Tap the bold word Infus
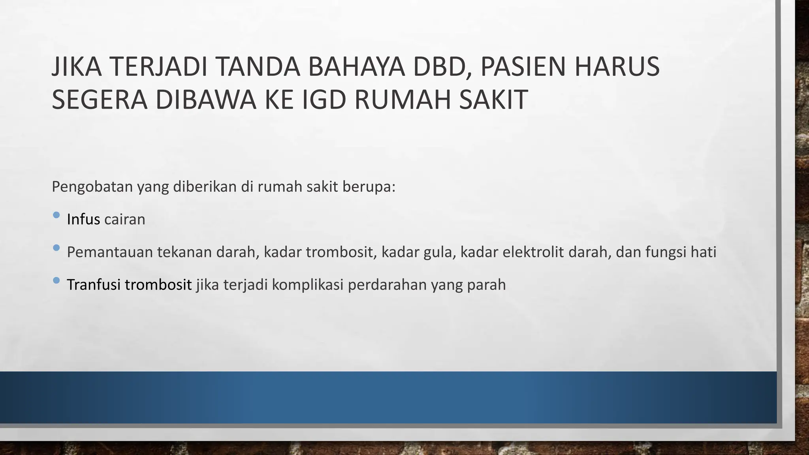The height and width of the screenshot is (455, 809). pos(83,219)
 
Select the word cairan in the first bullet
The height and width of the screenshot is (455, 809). pos(125,219)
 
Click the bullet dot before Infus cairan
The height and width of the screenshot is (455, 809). pos(56,215)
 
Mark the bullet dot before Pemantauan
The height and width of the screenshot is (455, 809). pos(56,248)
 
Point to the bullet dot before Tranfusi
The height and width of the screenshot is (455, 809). pos(56,280)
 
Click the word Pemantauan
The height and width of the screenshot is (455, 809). pos(109,252)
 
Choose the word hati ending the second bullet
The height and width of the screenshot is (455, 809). pos(703,252)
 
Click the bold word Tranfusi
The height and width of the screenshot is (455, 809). pos(93,285)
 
